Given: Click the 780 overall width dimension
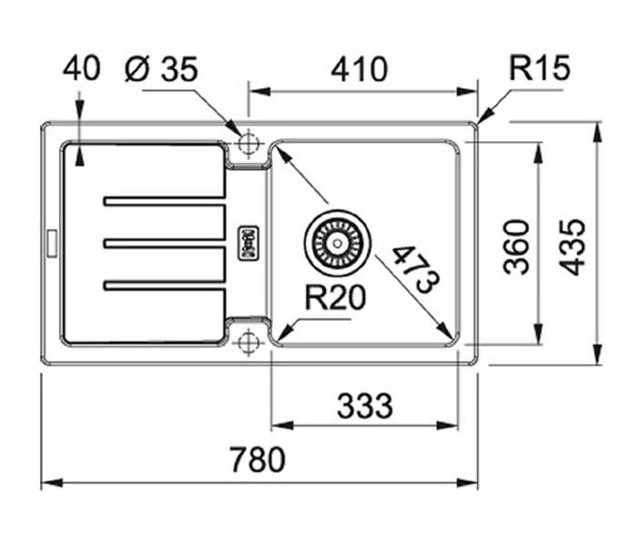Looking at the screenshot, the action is [257, 459].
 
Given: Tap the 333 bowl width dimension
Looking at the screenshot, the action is [364, 406].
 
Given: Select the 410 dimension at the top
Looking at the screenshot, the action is [359, 69].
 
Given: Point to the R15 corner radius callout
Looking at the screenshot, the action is [539, 67].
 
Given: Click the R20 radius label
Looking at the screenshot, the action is [335, 297].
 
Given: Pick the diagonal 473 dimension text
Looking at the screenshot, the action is [416, 270].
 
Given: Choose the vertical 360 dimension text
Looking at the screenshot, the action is [516, 246].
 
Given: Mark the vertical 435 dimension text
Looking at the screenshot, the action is [573, 247].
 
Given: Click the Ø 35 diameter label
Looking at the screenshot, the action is [161, 68].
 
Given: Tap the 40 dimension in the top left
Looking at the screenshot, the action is [81, 68].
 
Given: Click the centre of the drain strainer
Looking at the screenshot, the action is [337, 243].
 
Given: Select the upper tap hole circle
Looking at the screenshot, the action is [248, 143].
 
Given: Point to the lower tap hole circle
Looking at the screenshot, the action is [248, 341].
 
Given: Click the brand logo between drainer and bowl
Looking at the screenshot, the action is [248, 244].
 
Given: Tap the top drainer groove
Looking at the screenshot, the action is [164, 201].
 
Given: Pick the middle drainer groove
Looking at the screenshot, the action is [164, 243].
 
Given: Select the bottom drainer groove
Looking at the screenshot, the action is [164, 285].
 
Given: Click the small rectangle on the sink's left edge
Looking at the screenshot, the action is [53, 244].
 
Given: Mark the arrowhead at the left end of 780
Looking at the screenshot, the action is [52, 482].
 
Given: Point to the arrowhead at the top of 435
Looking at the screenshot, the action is [598, 132].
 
